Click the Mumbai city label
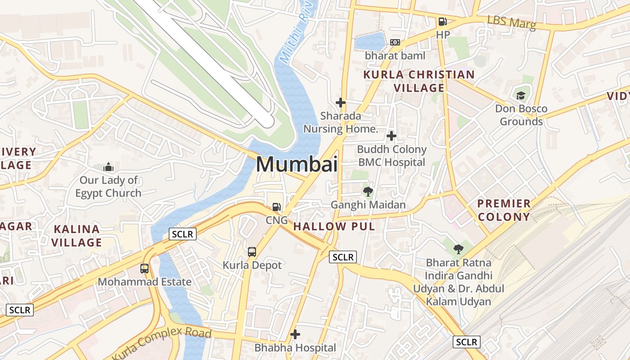297,164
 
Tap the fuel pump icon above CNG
277,207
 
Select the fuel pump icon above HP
442,22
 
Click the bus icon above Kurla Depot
252,252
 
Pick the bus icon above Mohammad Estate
144,269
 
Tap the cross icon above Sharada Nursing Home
341,103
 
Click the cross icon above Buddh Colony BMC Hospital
391,135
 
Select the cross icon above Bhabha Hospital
295,334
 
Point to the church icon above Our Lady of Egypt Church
108,167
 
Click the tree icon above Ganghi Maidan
368,192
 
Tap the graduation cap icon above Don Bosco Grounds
521,95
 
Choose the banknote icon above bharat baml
395,42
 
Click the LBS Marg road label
512,22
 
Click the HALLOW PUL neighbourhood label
334,226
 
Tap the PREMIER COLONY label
504,210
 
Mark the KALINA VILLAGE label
76,236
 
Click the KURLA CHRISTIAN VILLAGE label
419,81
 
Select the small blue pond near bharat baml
370,42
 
